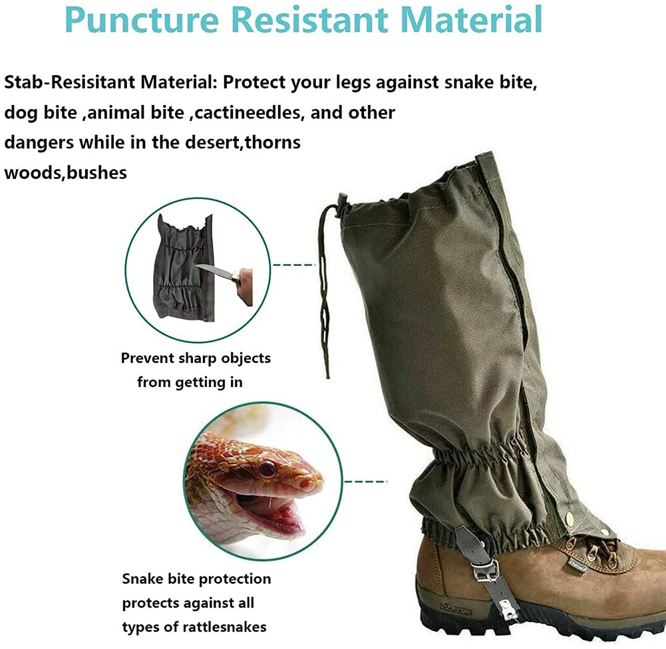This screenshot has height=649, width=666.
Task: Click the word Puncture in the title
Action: click(x=142, y=20)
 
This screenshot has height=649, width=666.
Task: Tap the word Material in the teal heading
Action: click(x=472, y=19)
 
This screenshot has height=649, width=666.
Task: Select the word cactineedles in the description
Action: click(x=249, y=112)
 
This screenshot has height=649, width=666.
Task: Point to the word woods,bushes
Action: click(x=65, y=173)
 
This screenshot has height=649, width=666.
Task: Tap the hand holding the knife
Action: click(x=246, y=287)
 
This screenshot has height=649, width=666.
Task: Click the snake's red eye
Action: click(x=267, y=469)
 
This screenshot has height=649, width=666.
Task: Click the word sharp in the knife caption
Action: click(x=197, y=358)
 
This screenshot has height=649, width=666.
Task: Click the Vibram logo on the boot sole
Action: click(x=456, y=610)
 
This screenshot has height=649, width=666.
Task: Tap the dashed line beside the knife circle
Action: click(x=294, y=265)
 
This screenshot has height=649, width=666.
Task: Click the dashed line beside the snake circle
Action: click(x=365, y=481)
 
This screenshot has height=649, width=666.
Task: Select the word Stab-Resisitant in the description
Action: click(x=70, y=82)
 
